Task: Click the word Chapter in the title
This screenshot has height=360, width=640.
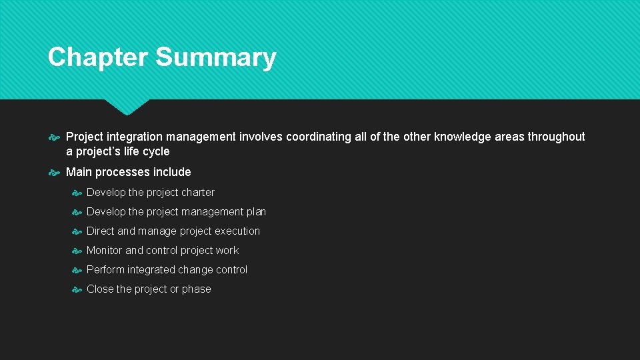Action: pos(98,57)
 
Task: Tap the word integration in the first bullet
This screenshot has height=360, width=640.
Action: pos(135,137)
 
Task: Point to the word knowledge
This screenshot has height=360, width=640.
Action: pos(463,137)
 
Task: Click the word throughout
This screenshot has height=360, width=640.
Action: pos(556,137)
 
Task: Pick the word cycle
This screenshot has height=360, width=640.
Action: pos(156,151)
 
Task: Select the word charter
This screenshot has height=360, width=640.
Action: pos(198,192)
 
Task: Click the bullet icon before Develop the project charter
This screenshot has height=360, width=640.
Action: pos(77,193)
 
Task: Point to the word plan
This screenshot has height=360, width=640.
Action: pos(256,211)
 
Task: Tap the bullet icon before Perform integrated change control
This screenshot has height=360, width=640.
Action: pos(77,270)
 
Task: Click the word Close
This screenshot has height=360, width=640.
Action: pos(100,289)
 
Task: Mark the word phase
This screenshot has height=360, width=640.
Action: pos(197,289)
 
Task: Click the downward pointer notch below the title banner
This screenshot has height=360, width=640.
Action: pos(127,107)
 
